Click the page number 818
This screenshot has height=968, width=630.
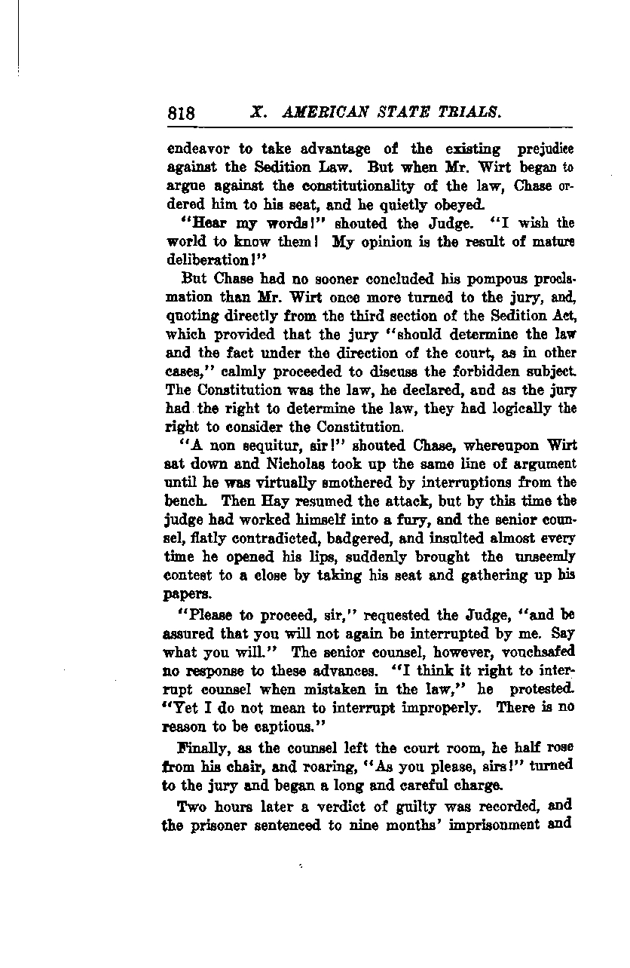(x=182, y=114)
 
